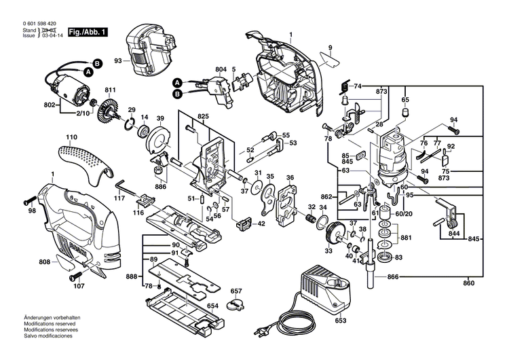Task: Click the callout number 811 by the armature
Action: [109, 90]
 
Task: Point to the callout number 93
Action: [117, 62]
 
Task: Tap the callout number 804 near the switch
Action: [220, 69]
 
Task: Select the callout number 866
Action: [394, 277]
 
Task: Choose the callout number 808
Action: [44, 262]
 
